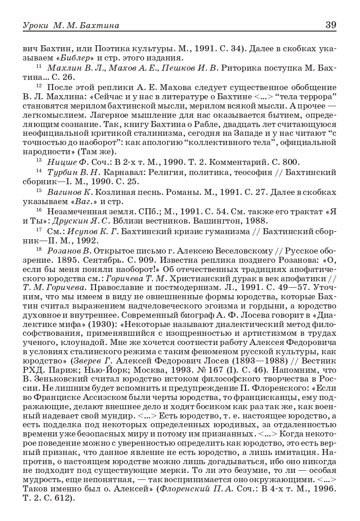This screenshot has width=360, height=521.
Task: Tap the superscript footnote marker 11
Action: pyautogui.click(x=39, y=67)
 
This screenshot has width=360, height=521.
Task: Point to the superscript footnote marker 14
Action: pyautogui.click(x=39, y=171)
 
